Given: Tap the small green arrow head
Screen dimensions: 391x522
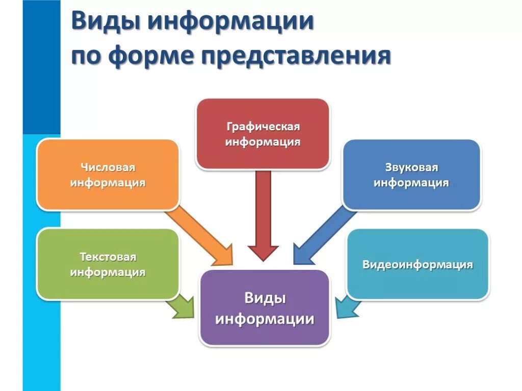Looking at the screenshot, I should tap(180, 307).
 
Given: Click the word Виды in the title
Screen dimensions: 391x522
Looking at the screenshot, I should tap(104, 23).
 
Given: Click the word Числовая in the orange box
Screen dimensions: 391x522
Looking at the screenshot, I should tap(108, 167).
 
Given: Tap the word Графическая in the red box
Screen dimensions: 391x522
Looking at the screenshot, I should tap(263, 126).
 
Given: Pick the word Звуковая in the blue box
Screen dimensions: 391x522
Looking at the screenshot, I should tap(411, 167).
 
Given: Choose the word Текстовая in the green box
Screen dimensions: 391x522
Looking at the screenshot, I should tap(108, 257).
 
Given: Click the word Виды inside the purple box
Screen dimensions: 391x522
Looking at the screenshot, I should tap(265, 298).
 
